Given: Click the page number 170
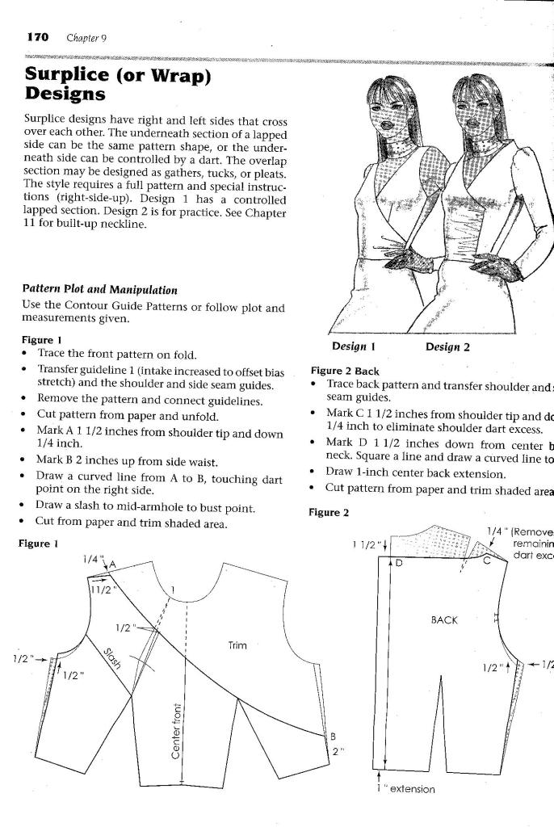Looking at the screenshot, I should [x=38, y=37].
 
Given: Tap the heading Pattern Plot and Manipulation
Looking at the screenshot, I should [x=100, y=289].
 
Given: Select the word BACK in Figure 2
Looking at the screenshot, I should [x=445, y=620].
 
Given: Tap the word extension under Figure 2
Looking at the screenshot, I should [x=413, y=789].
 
